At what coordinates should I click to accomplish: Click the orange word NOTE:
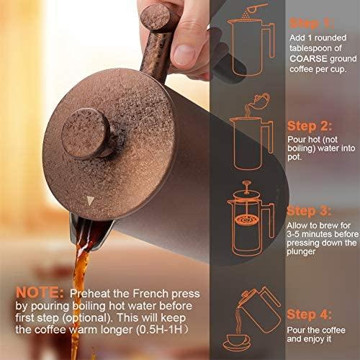pyautogui.click(x=40, y=292)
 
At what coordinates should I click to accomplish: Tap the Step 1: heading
pyautogui.click(x=312, y=24)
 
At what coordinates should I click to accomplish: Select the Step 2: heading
pyautogui.click(x=310, y=126)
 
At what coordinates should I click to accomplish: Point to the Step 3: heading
pyautogui.click(x=309, y=211)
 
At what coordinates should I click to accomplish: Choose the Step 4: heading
pyautogui.click(x=309, y=314)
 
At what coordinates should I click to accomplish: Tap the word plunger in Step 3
pyautogui.click(x=301, y=252)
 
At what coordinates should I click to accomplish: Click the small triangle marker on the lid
pyautogui.click(x=90, y=200)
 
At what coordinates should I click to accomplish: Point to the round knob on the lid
pyautogui.click(x=86, y=132)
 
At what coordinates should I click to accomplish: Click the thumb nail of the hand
pyautogui.click(x=184, y=55)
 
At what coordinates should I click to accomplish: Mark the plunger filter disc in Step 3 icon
pyautogui.click(x=246, y=220)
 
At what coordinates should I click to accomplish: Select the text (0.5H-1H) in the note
pyautogui.click(x=163, y=330)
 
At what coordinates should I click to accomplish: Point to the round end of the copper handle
pyautogui.click(x=156, y=17)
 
